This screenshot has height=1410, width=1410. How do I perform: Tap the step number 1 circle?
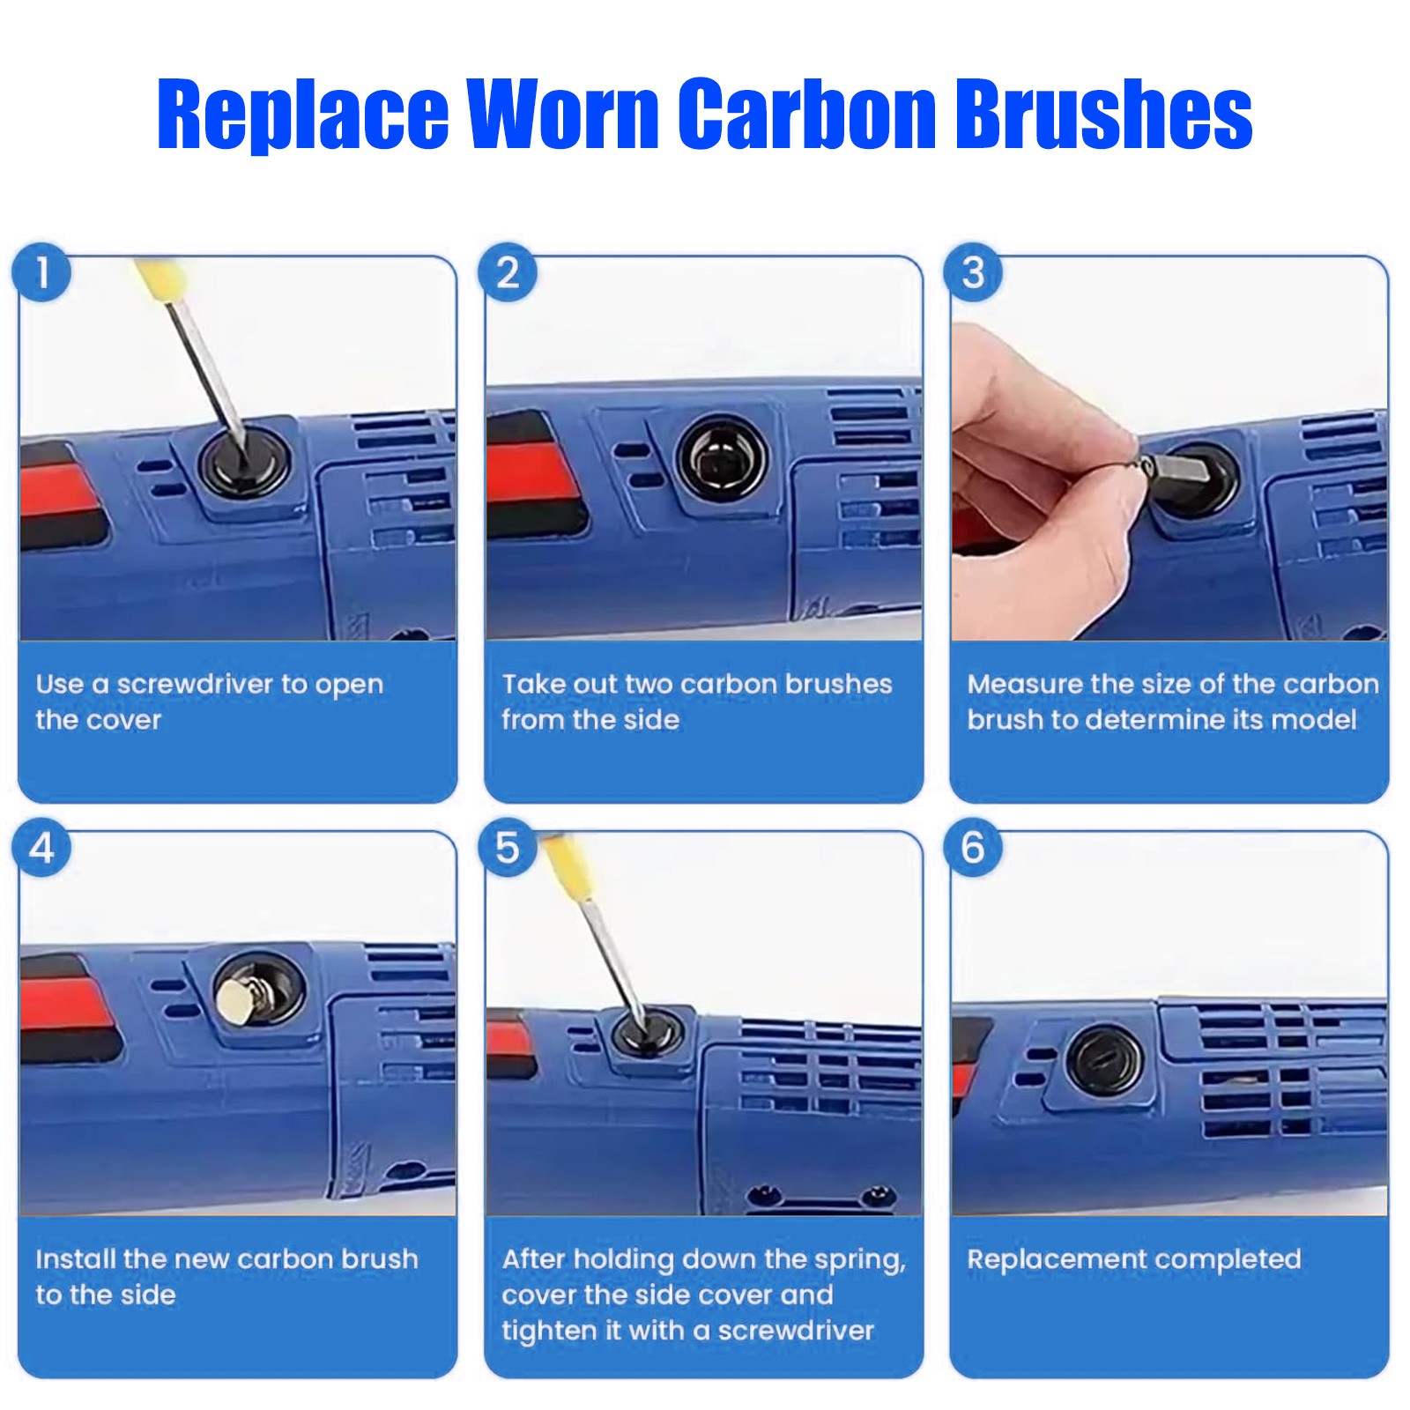(41, 272)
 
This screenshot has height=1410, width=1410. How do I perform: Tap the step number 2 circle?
(508, 272)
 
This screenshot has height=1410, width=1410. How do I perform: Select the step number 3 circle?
(973, 272)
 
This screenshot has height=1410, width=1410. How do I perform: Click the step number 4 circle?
(41, 848)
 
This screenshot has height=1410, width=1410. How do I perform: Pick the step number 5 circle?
(508, 848)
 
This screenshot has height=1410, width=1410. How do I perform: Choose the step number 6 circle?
(973, 848)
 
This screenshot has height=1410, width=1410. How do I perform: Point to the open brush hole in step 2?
(721, 458)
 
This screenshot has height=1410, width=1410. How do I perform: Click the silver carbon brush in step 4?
(241, 1000)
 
